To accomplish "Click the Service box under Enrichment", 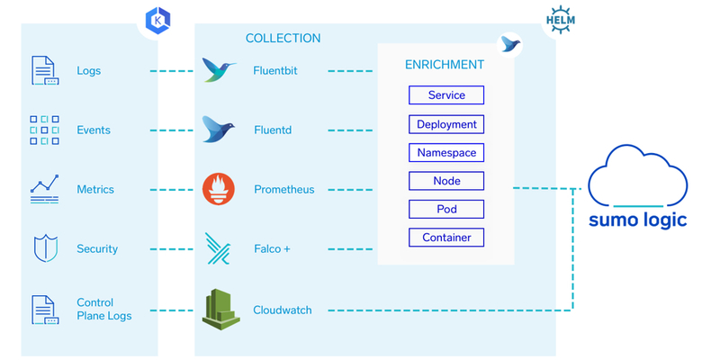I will click(446, 95).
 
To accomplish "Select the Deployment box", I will click(446, 124).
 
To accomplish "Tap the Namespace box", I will click(446, 153).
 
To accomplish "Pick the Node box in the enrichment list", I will click(446, 181).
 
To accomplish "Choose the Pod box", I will click(446, 209).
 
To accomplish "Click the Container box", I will click(446, 238).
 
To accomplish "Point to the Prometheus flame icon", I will click(220, 189).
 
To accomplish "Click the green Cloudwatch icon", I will click(220, 309).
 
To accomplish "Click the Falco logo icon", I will click(220, 248).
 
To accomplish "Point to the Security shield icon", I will click(45, 248).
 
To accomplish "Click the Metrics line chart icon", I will click(45, 189).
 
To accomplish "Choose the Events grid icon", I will click(45, 130).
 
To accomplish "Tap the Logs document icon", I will click(45, 70).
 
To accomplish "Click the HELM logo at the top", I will click(562, 19).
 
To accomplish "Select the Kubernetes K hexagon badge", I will click(157, 19).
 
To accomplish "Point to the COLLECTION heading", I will click(283, 39).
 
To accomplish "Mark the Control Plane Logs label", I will click(103, 309).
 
